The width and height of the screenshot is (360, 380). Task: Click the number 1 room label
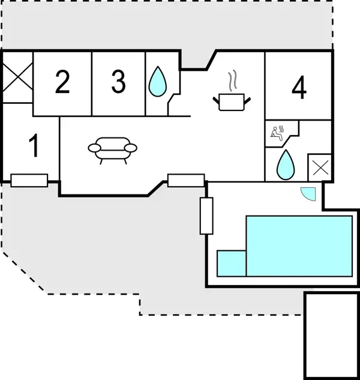pos(34,145)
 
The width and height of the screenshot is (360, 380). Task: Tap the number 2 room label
pos(62,82)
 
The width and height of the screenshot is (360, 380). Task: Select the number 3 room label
pos(118,81)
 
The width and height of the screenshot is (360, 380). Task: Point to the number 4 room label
pos(299,87)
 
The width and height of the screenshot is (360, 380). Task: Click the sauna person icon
pos(277,133)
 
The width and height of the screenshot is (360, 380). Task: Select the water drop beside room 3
pos(158,82)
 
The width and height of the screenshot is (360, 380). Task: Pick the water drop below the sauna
pos(286,165)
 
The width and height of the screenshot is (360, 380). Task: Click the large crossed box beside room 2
pos(17,77)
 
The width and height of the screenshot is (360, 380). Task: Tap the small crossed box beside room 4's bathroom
pos(320,167)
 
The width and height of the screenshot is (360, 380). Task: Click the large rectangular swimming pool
pos(299,246)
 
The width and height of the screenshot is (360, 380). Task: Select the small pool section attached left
pos(232,264)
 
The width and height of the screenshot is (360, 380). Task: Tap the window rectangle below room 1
pos(29,181)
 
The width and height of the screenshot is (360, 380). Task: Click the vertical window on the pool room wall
pos(206,216)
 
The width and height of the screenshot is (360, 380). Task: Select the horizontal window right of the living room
pos(186,181)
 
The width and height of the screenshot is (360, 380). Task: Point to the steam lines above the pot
pos(232,80)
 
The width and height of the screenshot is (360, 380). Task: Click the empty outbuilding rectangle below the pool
pos(331,336)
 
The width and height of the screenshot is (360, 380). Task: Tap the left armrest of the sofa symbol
pos(94,148)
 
